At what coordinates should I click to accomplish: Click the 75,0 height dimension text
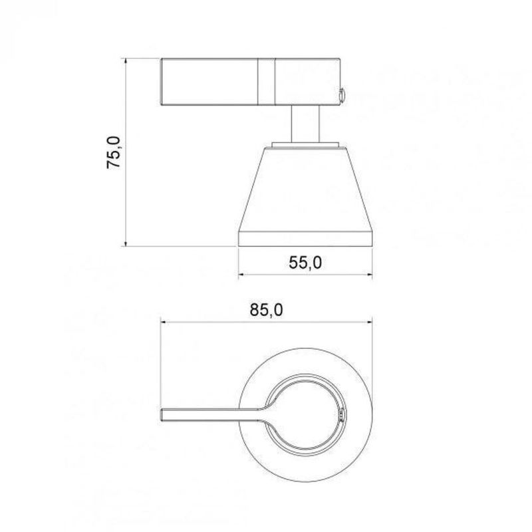coord(114,152)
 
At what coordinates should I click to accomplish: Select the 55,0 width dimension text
coord(305,263)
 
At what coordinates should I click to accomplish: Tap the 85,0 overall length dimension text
coord(266,309)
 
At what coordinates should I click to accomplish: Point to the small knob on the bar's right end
coord(341,96)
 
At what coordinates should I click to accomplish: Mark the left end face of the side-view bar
coord(162,82)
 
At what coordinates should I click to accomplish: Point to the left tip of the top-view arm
coord(163,415)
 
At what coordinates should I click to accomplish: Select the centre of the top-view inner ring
coord(305,416)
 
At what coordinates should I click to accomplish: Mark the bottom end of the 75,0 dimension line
coord(126,245)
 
